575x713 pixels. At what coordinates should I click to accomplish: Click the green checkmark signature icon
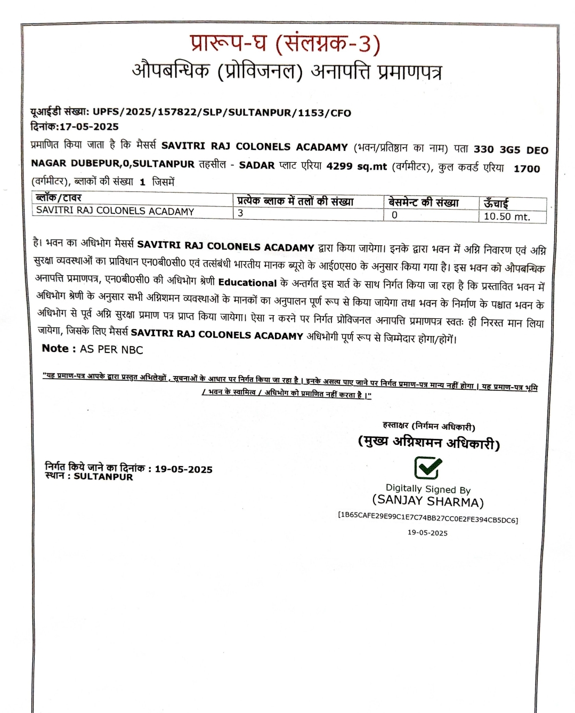(428, 468)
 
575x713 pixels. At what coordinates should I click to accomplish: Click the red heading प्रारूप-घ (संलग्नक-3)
(285, 44)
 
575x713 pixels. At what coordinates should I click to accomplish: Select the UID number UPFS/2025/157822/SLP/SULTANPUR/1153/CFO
(222, 113)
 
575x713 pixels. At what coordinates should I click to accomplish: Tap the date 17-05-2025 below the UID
(89, 127)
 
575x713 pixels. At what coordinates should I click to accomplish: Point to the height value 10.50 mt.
(507, 217)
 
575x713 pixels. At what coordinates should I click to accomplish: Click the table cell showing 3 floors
(241, 213)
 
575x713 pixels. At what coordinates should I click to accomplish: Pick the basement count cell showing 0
(394, 215)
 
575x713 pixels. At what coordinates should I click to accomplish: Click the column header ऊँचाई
(496, 203)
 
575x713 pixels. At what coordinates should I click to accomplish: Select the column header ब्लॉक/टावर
(58, 198)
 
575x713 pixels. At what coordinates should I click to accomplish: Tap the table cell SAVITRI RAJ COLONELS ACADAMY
(115, 211)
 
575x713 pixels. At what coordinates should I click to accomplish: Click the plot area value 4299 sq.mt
(357, 166)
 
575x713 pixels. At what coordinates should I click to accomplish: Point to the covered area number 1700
(527, 169)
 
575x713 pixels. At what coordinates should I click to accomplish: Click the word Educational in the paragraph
(247, 283)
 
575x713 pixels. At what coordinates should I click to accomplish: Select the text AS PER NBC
(111, 350)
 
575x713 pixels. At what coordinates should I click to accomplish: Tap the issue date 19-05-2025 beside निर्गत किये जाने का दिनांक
(183, 469)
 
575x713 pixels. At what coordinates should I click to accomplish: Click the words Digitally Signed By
(428, 488)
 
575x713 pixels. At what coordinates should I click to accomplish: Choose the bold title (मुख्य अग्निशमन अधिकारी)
(429, 443)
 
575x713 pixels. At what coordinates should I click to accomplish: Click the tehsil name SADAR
(257, 165)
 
